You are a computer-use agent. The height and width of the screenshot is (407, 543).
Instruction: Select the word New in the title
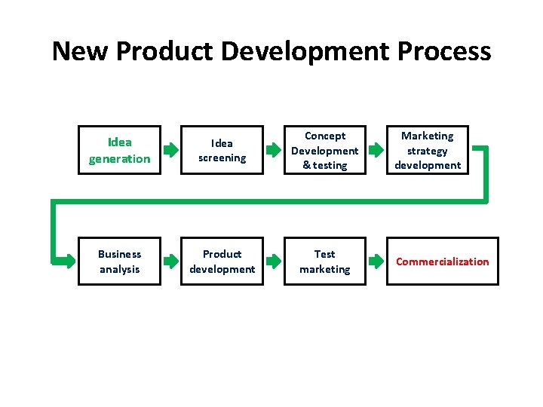tap(81, 51)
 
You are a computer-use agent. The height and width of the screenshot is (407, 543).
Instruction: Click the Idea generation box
tap(119, 150)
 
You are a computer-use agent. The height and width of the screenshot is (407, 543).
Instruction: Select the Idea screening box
tap(222, 150)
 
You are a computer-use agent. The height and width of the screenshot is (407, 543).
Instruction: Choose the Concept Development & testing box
tap(324, 150)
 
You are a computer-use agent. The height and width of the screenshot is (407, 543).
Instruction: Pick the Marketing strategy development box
tap(428, 150)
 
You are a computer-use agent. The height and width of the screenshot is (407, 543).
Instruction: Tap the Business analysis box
tap(119, 262)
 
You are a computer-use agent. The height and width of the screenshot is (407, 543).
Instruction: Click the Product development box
tap(222, 262)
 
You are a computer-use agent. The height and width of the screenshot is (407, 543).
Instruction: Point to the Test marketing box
tap(324, 262)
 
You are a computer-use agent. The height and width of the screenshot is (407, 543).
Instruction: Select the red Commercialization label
tap(443, 262)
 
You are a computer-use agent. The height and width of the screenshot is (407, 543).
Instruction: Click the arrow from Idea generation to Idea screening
tap(171, 150)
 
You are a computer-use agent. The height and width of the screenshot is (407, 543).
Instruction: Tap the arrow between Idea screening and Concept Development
tap(273, 150)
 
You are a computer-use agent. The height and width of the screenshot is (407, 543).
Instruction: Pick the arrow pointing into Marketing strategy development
tap(376, 150)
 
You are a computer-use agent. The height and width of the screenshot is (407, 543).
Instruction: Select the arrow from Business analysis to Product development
tap(171, 262)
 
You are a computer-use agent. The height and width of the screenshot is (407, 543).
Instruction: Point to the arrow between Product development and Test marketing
tap(273, 262)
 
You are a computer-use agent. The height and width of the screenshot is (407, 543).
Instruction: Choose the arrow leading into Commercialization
tap(376, 262)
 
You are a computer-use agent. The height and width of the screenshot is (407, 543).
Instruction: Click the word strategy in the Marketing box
tap(428, 151)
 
